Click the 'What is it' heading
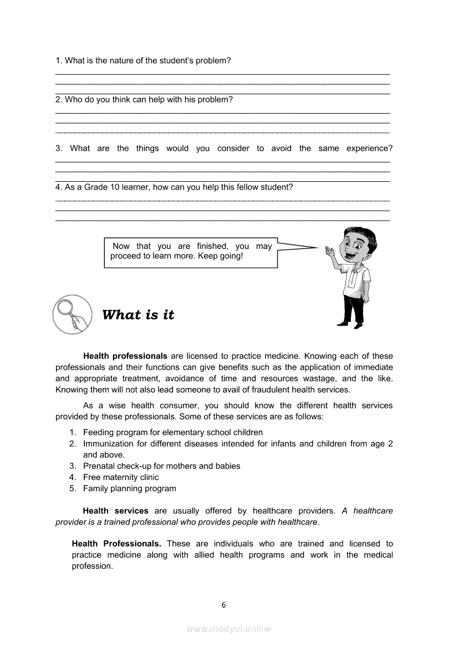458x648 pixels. pos(138,315)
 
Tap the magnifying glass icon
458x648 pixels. pos(72,314)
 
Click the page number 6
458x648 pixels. pos(224,605)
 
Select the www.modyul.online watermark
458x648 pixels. pos(229,629)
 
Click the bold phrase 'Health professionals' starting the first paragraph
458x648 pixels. pos(125,356)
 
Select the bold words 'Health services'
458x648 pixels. pos(115,511)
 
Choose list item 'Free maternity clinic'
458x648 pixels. pos(121,477)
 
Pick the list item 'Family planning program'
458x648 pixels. pos(130,488)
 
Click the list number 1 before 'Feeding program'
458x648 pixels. pos(73,432)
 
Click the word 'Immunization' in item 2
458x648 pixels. pos(109,443)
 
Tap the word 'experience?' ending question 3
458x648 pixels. pos(369,148)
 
